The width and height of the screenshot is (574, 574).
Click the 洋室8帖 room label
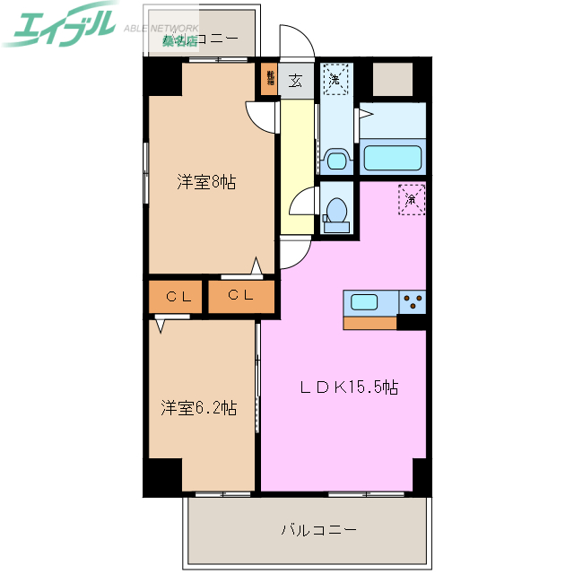click(x=205, y=182)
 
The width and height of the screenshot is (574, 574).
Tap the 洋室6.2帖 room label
click(x=198, y=408)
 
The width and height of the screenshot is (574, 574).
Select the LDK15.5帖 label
click(x=348, y=387)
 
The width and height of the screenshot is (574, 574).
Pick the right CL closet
click(x=240, y=296)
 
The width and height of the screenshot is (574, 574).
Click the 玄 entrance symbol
click(x=295, y=81)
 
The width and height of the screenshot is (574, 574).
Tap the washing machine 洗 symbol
click(x=334, y=78)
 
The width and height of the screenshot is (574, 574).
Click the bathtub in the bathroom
click(x=391, y=158)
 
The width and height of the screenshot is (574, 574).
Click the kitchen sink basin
click(x=365, y=301)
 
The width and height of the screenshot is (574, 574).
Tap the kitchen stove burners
click(x=413, y=301)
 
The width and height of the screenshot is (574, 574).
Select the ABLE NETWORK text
click(x=161, y=28)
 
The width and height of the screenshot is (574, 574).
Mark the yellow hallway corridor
click(x=295, y=170)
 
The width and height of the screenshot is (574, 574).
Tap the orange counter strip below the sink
click(x=370, y=323)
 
